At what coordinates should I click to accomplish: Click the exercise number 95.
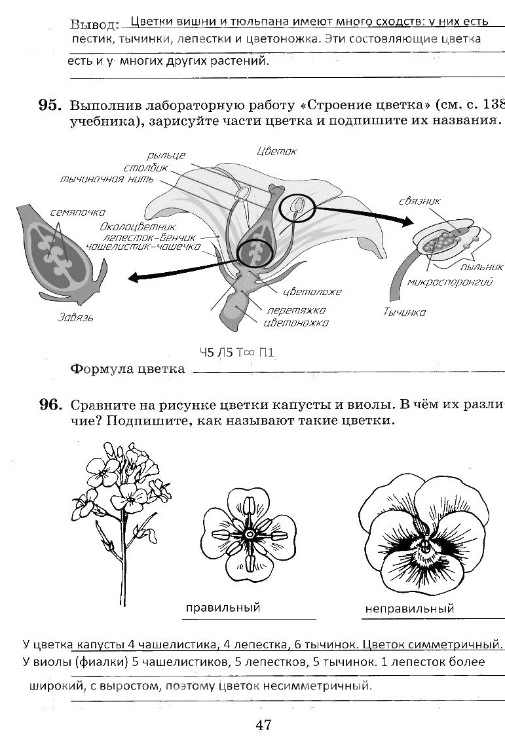click(49, 106)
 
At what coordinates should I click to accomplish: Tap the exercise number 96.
click(49, 405)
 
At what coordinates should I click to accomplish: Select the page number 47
click(263, 724)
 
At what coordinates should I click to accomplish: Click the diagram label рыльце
click(166, 155)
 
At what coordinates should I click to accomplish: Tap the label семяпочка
click(77, 213)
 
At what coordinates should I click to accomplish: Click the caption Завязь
click(75, 318)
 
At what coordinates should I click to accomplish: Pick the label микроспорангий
click(449, 282)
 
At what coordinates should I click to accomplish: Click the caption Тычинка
click(404, 312)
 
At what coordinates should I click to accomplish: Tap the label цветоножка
click(295, 322)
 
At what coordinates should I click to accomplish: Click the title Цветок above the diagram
click(277, 151)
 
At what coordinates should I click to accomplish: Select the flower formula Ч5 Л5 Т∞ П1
click(236, 353)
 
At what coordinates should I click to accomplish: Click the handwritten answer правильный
click(223, 608)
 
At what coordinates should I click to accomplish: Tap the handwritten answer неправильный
click(409, 609)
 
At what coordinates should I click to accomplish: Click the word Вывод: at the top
click(94, 25)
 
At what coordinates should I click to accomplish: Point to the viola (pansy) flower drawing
click(423, 534)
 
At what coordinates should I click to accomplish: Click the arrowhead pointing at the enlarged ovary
click(134, 277)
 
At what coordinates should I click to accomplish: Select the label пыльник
click(481, 267)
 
